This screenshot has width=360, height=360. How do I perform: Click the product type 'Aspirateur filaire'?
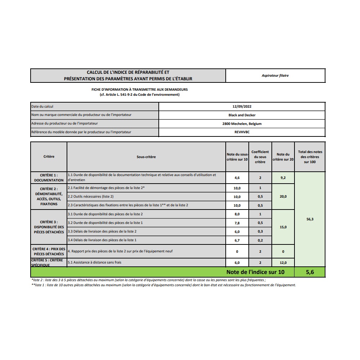click(275, 76)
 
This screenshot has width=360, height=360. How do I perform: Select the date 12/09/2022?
click(242, 107)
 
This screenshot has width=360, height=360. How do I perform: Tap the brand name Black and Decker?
click(242, 115)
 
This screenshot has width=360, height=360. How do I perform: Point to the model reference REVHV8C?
click(242, 132)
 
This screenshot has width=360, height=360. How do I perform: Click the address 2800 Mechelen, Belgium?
click(242, 124)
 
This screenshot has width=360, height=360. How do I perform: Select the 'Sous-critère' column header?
click(146, 157)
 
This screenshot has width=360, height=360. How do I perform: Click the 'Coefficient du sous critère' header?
click(260, 157)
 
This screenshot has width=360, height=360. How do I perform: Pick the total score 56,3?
click(310, 219)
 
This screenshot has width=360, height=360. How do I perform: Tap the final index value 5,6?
click(310, 272)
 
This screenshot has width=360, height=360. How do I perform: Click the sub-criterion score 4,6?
click(237, 178)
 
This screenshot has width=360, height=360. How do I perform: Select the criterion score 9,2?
click(283, 178)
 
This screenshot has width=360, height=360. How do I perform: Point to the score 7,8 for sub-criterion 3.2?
click(237, 223)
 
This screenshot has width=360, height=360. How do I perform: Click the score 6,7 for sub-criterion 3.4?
click(237, 240)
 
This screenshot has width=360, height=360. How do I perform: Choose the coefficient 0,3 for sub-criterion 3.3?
click(260, 231)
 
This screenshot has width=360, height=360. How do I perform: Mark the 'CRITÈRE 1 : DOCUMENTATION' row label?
click(49, 178)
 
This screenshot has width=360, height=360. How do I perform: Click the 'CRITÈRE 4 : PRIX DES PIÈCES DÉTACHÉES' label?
click(49, 251)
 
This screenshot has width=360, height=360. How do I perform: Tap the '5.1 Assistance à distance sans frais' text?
click(94, 262)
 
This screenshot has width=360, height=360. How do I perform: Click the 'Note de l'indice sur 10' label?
click(255, 272)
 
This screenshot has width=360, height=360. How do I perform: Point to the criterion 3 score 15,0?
click(283, 227)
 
